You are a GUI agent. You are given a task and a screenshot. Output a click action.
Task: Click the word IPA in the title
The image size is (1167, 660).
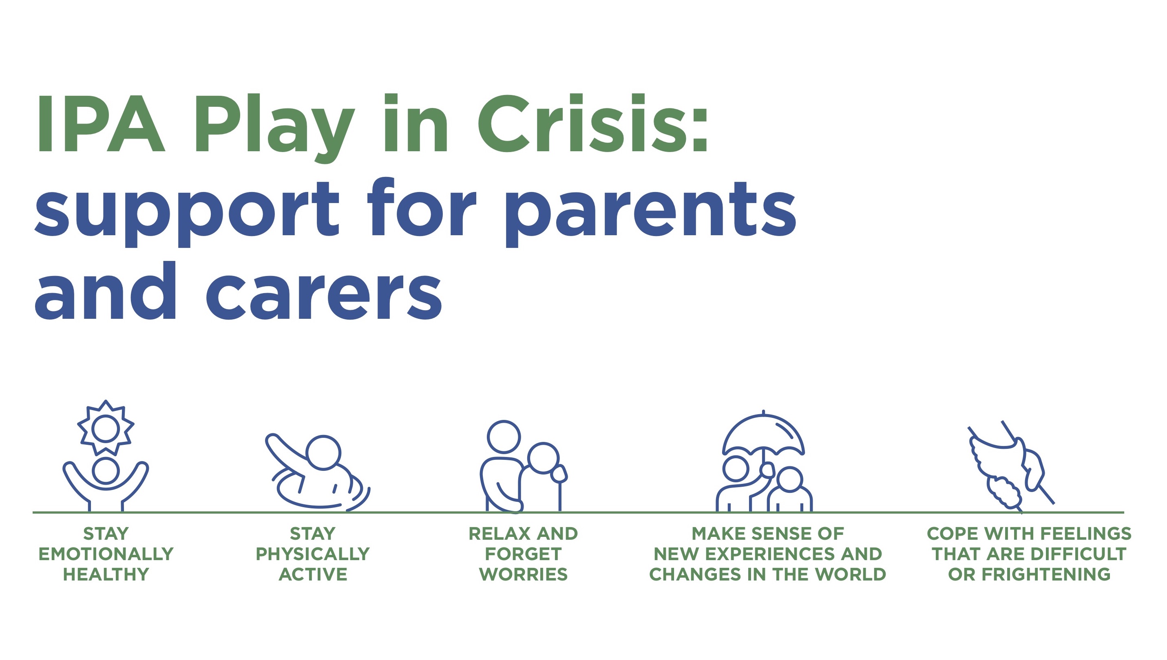tap(101, 123)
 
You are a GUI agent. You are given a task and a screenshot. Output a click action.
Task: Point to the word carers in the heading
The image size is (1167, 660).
tap(324, 291)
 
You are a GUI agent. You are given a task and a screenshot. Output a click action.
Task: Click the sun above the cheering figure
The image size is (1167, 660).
tap(106, 428)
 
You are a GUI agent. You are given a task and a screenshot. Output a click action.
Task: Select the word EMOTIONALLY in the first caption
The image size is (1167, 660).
tap(106, 554)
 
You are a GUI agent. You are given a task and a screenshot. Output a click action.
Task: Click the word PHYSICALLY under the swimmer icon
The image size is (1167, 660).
tap(313, 554)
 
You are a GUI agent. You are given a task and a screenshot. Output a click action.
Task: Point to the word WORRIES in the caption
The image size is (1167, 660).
tap(523, 574)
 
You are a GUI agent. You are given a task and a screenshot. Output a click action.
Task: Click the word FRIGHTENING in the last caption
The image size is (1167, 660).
tap(1046, 574)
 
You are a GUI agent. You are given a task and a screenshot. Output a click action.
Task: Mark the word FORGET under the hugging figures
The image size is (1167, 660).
tap(523, 554)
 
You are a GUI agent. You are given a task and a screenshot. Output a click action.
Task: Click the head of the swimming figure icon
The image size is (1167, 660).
tap(323, 453)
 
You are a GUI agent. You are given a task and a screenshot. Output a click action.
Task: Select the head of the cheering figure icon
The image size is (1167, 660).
tap(106, 470)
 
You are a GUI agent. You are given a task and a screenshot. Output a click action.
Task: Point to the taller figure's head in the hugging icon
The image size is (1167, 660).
tap(504, 437)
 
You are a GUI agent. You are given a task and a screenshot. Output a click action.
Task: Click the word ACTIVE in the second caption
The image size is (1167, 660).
tap(313, 574)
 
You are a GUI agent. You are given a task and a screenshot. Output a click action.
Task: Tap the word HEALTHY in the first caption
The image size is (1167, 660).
tap(106, 574)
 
